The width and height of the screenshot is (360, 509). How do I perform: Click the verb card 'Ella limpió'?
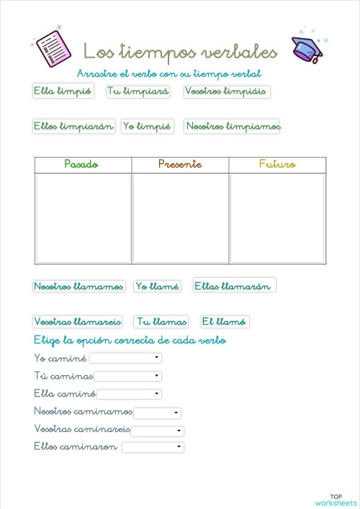pyautogui.click(x=63, y=91)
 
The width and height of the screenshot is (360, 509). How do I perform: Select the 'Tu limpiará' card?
pyautogui.click(x=138, y=91)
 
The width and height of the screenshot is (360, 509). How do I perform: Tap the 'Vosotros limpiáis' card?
pyautogui.click(x=226, y=91)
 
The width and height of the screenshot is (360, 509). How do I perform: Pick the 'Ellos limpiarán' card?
pyautogui.click(x=73, y=126)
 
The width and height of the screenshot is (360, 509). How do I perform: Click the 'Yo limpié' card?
pyautogui.click(x=147, y=126)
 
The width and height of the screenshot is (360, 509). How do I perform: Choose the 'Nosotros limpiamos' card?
pyautogui.click(x=232, y=126)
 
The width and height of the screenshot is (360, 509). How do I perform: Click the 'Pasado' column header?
pyautogui.click(x=83, y=165)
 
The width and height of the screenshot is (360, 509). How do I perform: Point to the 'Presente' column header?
pyautogui.click(x=180, y=165)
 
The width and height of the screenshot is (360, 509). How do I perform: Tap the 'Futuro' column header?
pyautogui.click(x=277, y=165)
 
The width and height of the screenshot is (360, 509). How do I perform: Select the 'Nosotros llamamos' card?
pyautogui.click(x=78, y=287)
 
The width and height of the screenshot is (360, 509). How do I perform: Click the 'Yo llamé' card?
pyautogui.click(x=157, y=287)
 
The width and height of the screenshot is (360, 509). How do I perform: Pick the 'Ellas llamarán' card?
pyautogui.click(x=234, y=286)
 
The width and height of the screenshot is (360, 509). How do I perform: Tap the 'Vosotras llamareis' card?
pyautogui.click(x=78, y=322)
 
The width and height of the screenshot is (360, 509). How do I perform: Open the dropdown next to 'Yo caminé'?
pyautogui.click(x=125, y=358)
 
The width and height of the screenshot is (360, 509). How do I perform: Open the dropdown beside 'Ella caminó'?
pyautogui.click(x=129, y=394)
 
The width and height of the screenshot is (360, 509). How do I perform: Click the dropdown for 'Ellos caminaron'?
pyautogui.click(x=153, y=447)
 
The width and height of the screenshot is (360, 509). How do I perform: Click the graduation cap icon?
pyautogui.click(x=307, y=49)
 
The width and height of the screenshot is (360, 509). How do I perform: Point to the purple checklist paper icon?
pyautogui.click(x=52, y=49)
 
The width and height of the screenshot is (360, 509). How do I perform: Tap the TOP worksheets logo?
pyautogui.click(x=336, y=500)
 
